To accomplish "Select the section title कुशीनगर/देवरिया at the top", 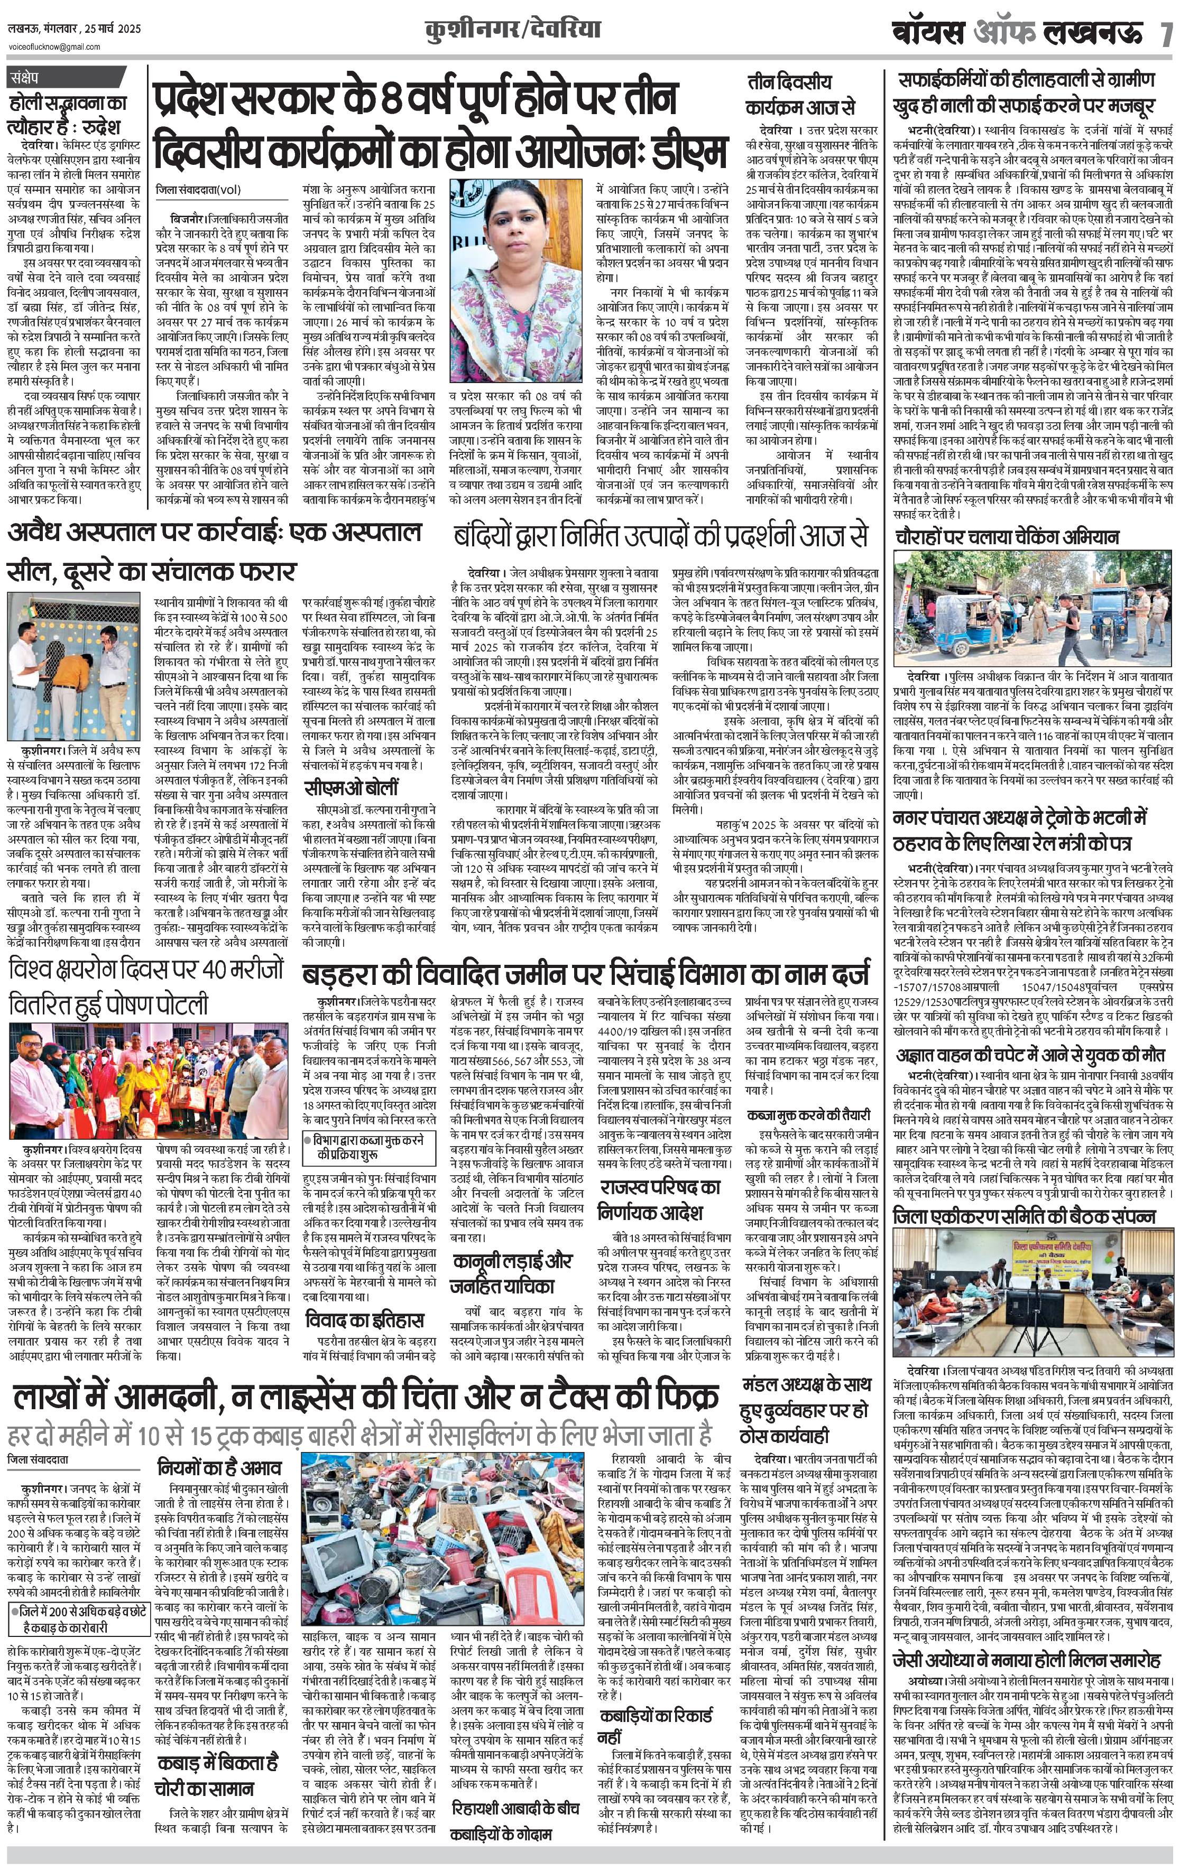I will pyautogui.click(x=513, y=30).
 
